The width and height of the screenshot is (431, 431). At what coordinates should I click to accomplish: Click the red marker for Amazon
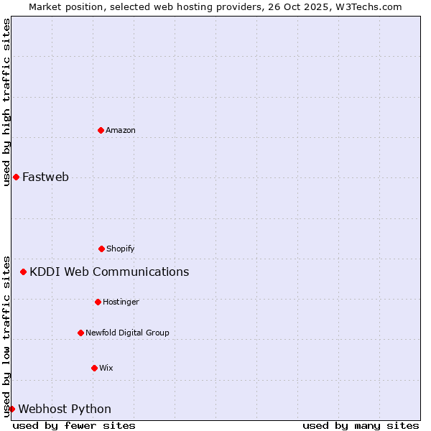(x=101, y=130)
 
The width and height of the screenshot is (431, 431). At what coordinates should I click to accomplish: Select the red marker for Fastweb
(x=16, y=177)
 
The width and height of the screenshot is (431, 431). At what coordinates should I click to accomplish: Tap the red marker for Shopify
(x=101, y=249)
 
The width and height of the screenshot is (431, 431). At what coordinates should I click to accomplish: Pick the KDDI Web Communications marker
(x=24, y=272)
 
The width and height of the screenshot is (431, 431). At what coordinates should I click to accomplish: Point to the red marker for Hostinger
(x=98, y=302)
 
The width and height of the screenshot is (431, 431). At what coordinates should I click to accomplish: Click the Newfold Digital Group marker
(x=80, y=333)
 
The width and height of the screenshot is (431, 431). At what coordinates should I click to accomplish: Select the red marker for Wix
(x=94, y=368)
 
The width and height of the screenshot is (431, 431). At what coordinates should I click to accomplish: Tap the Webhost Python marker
(x=11, y=409)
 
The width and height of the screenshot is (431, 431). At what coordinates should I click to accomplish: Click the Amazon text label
(x=121, y=130)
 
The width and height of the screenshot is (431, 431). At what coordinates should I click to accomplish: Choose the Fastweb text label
(x=45, y=177)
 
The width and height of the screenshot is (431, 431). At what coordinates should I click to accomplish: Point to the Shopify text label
(x=121, y=249)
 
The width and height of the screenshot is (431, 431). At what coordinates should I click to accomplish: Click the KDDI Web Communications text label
(x=109, y=272)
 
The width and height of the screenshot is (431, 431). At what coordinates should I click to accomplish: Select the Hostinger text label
(x=121, y=302)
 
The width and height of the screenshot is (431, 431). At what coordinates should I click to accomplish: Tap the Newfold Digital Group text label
(x=128, y=333)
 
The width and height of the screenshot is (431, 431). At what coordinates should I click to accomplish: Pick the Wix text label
(x=106, y=368)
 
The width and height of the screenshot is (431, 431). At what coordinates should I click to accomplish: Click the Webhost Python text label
(x=65, y=409)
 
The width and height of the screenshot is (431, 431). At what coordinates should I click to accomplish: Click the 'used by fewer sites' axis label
(x=74, y=425)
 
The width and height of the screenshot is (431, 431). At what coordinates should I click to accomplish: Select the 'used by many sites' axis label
(x=361, y=425)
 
